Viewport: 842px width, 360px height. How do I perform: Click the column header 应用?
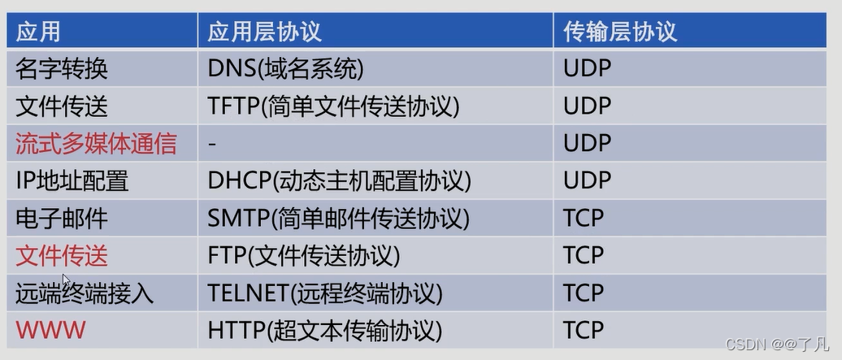[38, 32]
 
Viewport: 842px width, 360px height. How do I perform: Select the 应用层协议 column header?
[265, 32]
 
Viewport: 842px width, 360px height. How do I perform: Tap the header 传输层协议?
[620, 32]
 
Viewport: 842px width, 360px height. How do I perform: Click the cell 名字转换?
[62, 69]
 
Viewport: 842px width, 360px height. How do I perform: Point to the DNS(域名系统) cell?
[285, 69]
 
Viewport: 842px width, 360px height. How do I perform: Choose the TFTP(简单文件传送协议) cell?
[333, 106]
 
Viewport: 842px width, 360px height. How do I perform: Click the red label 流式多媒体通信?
[96, 144]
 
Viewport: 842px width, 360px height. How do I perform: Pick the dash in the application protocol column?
[212, 144]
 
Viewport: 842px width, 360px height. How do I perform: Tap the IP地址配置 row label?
[72, 180]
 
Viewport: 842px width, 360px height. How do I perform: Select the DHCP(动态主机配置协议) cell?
[340, 180]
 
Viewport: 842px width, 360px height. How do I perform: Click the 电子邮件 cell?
[62, 219]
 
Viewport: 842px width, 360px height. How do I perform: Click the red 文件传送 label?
[62, 256]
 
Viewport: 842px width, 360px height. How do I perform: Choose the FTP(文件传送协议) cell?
[304, 256]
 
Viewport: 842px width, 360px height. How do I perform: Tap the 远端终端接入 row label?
[85, 293]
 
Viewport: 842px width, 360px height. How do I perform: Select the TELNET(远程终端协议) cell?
[325, 293]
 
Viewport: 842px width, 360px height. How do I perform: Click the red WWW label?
[50, 331]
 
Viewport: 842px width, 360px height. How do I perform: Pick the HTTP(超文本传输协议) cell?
[325, 331]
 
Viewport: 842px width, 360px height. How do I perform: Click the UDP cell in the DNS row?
[587, 69]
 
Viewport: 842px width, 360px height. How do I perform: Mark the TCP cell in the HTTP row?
[584, 331]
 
